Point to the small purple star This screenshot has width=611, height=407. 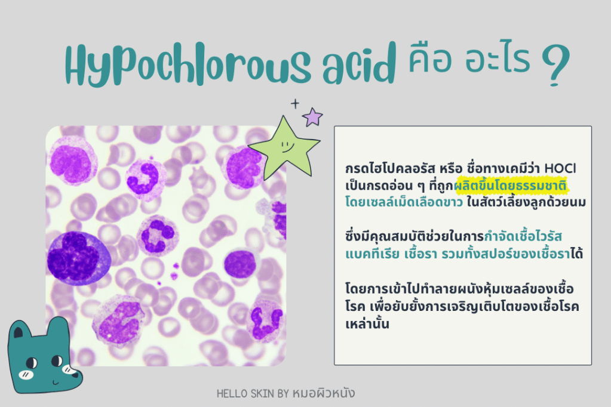point(312,116)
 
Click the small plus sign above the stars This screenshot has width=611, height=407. point(294,103)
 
